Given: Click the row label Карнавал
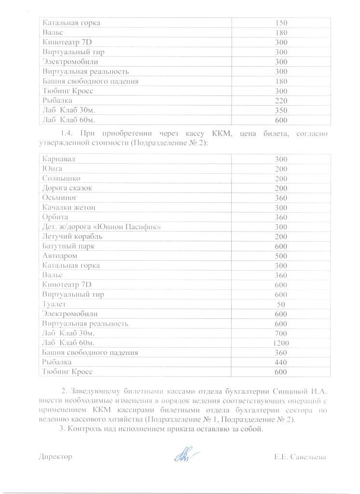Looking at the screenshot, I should [59, 159].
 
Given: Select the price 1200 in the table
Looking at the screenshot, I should [281, 343].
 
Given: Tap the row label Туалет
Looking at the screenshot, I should [55, 304].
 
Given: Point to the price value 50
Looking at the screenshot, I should [281, 304].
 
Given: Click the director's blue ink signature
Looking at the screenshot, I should [183, 454].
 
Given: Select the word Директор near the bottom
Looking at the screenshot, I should [55, 456].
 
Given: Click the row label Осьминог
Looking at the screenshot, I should [60, 197].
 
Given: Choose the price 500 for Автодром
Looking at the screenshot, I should [281, 255].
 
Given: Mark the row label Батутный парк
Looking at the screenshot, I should [69, 246].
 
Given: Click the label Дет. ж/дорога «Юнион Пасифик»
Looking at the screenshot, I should [101, 226].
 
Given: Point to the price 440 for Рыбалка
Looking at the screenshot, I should [281, 362].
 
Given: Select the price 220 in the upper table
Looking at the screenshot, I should [281, 101].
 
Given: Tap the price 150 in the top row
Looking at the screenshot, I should [281, 23].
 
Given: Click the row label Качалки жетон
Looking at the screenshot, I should [69, 207].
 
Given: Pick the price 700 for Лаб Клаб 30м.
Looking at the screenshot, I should [281, 333].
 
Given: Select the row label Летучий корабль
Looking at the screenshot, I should [72, 236].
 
